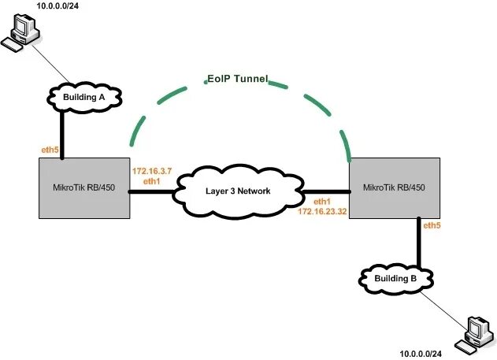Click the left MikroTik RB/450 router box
83,187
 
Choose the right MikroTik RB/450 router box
394,187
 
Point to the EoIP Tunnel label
238,80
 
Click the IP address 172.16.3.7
151,171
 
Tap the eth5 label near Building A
50,148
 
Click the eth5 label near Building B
432,227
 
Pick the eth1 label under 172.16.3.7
151,181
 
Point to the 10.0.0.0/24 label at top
60,6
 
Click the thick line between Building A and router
61,134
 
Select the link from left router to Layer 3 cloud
153,191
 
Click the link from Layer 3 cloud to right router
325,191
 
